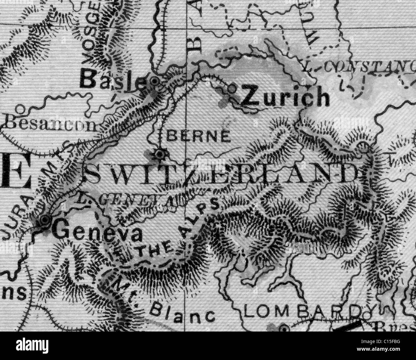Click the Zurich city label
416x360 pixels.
(x=285, y=97)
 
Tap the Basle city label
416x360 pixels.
(x=112, y=80)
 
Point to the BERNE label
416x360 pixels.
(x=198, y=136)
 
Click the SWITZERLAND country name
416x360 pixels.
(x=221, y=174)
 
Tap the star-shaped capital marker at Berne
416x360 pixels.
(x=159, y=155)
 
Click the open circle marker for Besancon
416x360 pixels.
(x=21, y=109)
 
